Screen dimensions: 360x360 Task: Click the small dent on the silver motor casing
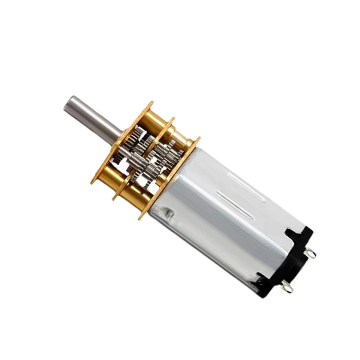coord(170,214)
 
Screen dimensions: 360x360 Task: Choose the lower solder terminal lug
coord(288,287)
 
